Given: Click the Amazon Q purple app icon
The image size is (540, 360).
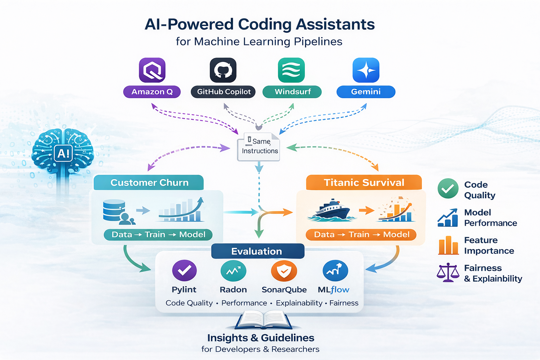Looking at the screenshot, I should [x=152, y=70].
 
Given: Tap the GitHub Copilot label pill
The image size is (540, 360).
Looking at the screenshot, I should [x=223, y=92].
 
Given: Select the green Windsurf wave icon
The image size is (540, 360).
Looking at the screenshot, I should [x=291, y=70].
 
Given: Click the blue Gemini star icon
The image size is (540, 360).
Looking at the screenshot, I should [x=366, y=70].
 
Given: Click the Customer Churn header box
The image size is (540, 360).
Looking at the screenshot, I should [x=149, y=182].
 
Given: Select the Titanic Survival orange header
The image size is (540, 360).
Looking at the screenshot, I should [x=364, y=182].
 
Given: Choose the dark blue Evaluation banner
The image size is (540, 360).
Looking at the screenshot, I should [x=257, y=251].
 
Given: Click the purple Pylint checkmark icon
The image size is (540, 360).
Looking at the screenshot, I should [x=184, y=270].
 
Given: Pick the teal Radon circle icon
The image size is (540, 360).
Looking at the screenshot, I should [x=233, y=271].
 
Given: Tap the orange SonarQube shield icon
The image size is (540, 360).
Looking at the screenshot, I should [x=284, y=271].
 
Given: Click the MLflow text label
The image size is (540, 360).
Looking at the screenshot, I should [x=333, y=290].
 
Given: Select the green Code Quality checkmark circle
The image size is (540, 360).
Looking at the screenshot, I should [x=448, y=188].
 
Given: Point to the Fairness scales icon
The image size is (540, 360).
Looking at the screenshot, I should [x=448, y=272].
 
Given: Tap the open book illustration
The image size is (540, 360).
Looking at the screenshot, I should [x=263, y=320].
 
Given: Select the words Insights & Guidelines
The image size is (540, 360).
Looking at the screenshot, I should [x=261, y=338].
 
